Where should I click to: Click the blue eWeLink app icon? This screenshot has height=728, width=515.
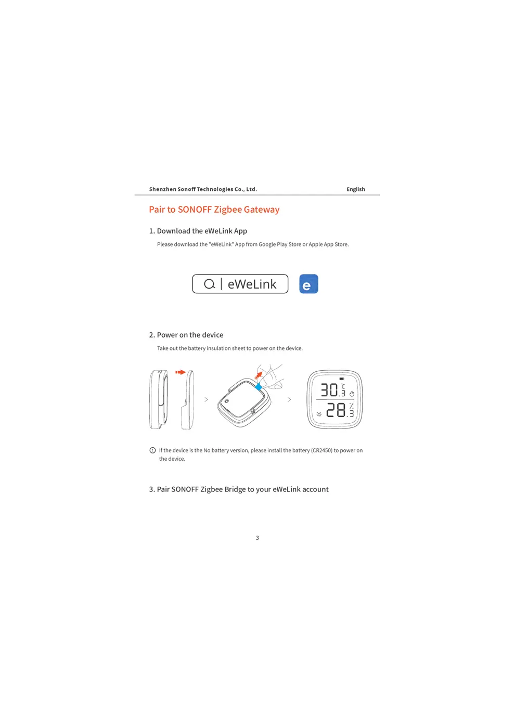pyautogui.click(x=308, y=284)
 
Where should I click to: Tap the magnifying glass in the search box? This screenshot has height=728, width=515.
pyautogui.click(x=209, y=284)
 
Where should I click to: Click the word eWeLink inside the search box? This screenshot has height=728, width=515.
pyautogui.click(x=252, y=284)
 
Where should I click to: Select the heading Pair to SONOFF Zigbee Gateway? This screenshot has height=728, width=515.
pyautogui.click(x=214, y=210)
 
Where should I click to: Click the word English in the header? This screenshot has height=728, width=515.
pyautogui.click(x=356, y=189)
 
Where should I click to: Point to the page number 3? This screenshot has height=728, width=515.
pyautogui.click(x=257, y=538)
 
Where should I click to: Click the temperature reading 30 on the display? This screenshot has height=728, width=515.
pyautogui.click(x=329, y=390)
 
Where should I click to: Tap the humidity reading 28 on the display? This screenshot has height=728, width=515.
pyautogui.click(x=336, y=410)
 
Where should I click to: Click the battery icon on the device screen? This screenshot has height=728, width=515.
pyautogui.click(x=342, y=379)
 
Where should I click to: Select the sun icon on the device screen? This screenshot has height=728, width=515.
pyautogui.click(x=319, y=414)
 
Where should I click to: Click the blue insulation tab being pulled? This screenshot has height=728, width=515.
pyautogui.click(x=259, y=386)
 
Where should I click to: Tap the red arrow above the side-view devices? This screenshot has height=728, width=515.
pyautogui.click(x=180, y=372)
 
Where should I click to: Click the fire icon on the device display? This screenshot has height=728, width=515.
pyautogui.click(x=352, y=394)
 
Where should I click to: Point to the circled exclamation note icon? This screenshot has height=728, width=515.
pyautogui.click(x=152, y=450)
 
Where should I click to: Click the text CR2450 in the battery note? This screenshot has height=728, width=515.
pyautogui.click(x=321, y=450)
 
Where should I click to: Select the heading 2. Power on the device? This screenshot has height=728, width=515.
pyautogui.click(x=186, y=335)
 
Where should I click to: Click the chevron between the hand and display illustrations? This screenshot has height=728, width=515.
pyautogui.click(x=289, y=399)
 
